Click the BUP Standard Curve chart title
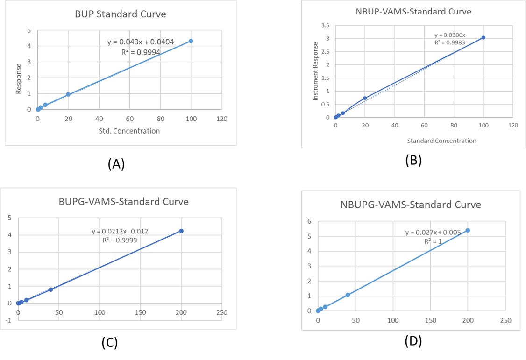coord(121,14)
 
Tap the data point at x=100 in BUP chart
coord(191,41)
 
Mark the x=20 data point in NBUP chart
coord(365,98)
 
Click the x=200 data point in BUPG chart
coord(181,231)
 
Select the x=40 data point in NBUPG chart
coord(348,295)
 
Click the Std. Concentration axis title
coord(129,131)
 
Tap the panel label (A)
coord(116,164)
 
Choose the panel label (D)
coord(413,341)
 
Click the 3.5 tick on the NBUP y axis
coord(326,25)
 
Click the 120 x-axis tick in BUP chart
coord(221,119)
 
